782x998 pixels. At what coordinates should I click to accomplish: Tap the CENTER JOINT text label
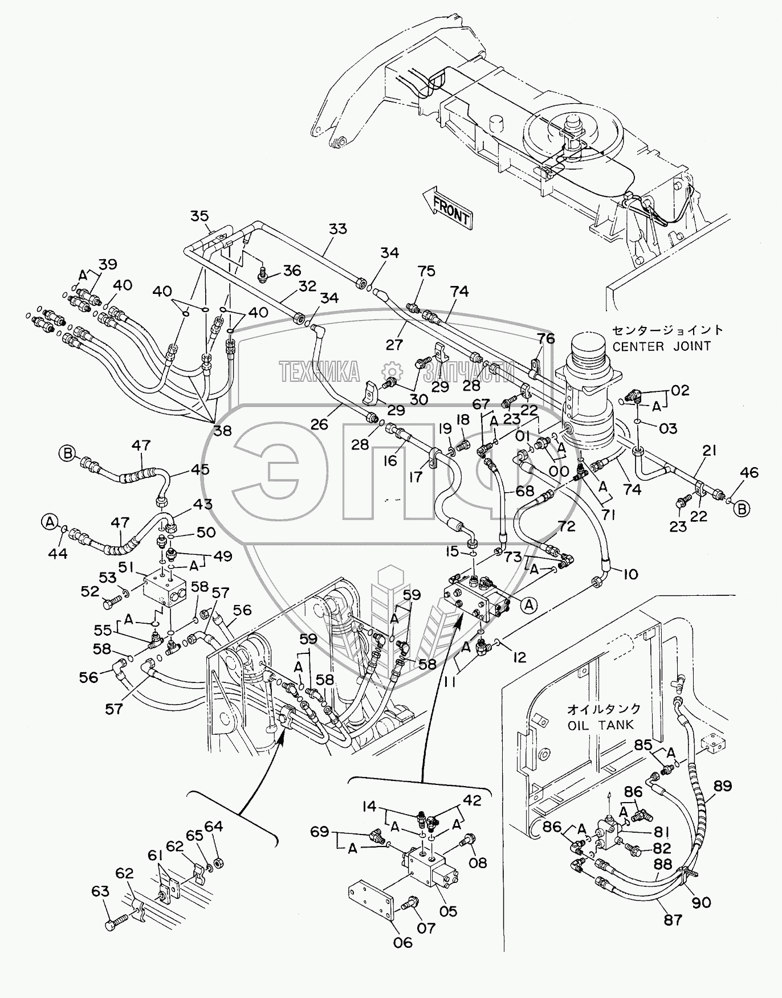pyautogui.click(x=662, y=345)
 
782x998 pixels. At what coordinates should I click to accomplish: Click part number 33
pyautogui.click(x=337, y=229)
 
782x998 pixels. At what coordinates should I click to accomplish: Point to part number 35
pyautogui.click(x=199, y=216)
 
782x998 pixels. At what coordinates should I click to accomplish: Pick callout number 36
pyautogui.click(x=292, y=270)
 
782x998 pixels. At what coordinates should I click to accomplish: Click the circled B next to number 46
pyautogui.click(x=742, y=509)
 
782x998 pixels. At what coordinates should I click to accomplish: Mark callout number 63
pyautogui.click(x=100, y=891)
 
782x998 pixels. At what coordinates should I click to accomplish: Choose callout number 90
pyautogui.click(x=701, y=902)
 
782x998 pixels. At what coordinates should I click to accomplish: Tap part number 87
pyautogui.click(x=673, y=919)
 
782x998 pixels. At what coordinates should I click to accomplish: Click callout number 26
pyautogui.click(x=320, y=423)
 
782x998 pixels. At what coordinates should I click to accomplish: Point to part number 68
pyautogui.click(x=524, y=490)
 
